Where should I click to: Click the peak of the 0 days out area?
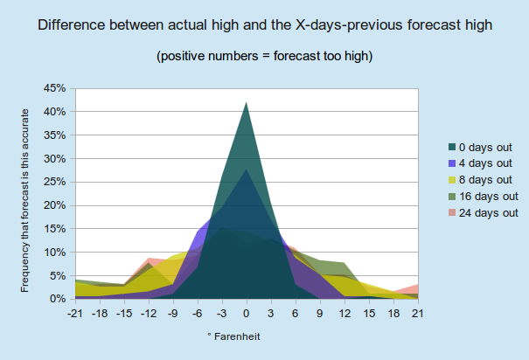tap(247, 102)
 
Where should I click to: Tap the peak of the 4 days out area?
tap(247, 170)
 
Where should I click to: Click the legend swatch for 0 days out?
tap(452, 147)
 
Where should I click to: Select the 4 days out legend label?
tap(485, 163)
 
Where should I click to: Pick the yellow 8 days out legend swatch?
tap(452, 180)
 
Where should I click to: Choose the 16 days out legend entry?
tap(484, 197)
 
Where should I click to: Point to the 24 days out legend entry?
tap(484, 212)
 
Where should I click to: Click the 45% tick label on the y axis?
tap(54, 88)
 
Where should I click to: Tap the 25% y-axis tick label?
tap(54, 182)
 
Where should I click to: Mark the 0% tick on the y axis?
tap(58, 299)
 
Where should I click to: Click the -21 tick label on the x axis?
tap(75, 314)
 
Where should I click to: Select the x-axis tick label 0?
tap(247, 314)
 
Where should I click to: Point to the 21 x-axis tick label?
tap(417, 314)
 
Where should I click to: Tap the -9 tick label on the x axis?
tap(172, 314)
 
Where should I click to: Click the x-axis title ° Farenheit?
tap(233, 336)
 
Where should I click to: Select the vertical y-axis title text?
tap(24, 201)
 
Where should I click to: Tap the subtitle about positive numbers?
tap(264, 56)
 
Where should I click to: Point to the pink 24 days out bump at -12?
tap(149, 259)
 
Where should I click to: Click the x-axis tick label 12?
tap(345, 314)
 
